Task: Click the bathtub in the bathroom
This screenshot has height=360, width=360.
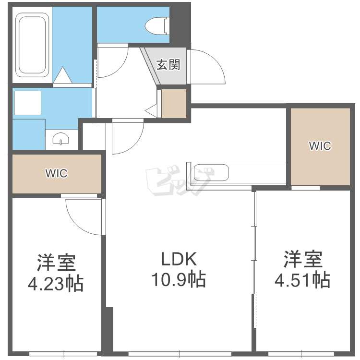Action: pos(32,45)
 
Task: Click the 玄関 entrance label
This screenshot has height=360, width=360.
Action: pos(168,65)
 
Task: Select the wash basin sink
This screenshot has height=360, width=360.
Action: pos(61,139)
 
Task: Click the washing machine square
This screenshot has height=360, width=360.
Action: pos(27,103)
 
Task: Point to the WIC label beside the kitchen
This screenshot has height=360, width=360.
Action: pos(320,146)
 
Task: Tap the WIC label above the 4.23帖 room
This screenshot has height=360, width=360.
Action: pos(57,173)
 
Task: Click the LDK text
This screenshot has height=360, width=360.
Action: pos(179,259)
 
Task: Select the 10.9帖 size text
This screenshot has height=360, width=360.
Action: pos(179,280)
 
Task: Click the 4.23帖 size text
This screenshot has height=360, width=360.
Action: pos(56,284)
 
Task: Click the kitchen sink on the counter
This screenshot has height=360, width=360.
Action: pos(211,172)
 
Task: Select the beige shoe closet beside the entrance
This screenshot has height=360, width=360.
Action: pos(174,104)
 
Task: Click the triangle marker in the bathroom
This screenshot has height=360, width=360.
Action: pos(62,75)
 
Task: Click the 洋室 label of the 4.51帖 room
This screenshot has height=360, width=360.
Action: pos(303,259)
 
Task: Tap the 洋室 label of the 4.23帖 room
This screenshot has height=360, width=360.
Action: pos(56,263)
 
